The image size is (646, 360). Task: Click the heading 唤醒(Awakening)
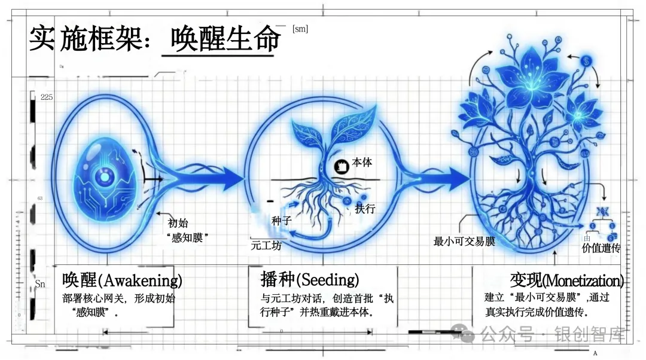click(122, 279)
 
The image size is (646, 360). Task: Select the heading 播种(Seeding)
click(310, 279)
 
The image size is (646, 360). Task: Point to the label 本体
click(362, 162)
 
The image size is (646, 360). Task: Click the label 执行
click(365, 209)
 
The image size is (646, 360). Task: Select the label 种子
click(281, 221)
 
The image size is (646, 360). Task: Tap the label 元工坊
click(266, 245)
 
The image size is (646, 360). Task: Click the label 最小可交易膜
click(464, 242)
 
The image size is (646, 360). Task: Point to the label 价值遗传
click(601, 248)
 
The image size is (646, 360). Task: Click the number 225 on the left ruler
click(47, 97)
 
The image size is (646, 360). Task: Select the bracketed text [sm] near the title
click(300, 29)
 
